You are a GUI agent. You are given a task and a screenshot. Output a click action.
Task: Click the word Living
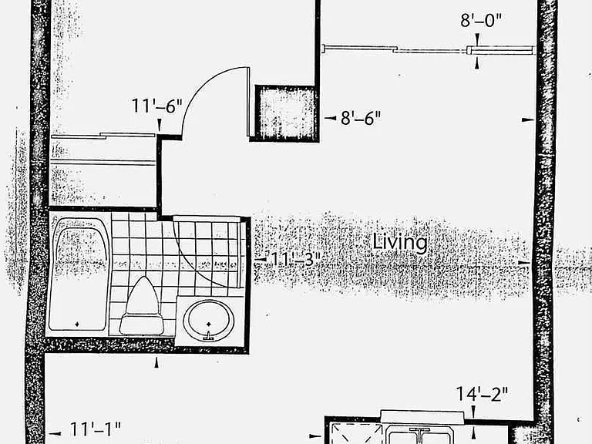pyautogui.click(x=400, y=242)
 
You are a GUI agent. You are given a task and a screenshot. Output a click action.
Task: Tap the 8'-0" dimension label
pyautogui.click(x=481, y=19)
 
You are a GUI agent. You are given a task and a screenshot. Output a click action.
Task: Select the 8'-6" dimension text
pyautogui.click(x=361, y=118)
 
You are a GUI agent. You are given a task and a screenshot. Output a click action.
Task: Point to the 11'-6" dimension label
pyautogui.click(x=156, y=106)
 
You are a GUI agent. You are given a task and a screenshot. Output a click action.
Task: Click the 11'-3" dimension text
pyautogui.click(x=296, y=259)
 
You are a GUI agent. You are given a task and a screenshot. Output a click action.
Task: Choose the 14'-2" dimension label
pyautogui.click(x=482, y=394)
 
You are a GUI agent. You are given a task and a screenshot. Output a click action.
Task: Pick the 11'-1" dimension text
pyautogui.click(x=96, y=429)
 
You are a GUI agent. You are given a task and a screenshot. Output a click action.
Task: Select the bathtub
pyautogui.click(x=79, y=274)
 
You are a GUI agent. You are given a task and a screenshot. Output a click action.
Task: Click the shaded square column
pyautogui.click(x=287, y=113)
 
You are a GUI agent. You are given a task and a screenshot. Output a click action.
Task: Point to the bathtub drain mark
pyautogui.click(x=77, y=324)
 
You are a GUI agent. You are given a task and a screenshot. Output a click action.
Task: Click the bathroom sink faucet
pyautogui.click(x=208, y=335)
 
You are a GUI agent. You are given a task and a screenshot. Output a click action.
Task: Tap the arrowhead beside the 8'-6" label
pyautogui.click(x=331, y=118)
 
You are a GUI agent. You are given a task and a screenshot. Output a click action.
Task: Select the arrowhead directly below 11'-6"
pyautogui.click(x=160, y=125)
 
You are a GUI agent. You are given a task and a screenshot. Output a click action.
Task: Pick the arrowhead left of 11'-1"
pyautogui.click(x=55, y=433)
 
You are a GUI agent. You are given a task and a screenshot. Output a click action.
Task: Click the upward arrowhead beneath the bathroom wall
pyautogui.click(x=156, y=362)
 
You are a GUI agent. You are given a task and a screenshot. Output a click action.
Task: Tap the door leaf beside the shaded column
pyautogui.click(x=248, y=102)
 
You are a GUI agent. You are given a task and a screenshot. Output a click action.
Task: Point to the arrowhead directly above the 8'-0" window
pyautogui.click(x=477, y=39)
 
